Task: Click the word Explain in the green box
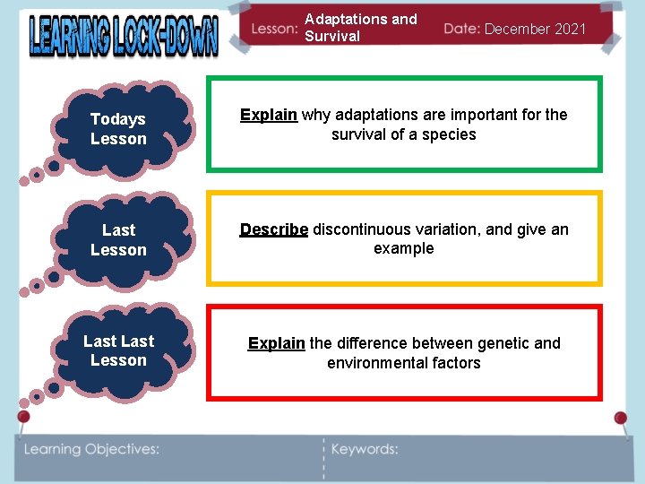(269, 115)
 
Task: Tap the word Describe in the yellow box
(274, 229)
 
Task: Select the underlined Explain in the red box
(277, 343)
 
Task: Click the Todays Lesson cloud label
(118, 129)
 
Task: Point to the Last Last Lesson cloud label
(118, 350)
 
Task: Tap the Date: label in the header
(461, 29)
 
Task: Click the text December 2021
(536, 29)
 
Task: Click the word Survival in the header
(332, 37)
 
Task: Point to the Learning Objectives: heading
(91, 449)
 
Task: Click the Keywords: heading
(365, 449)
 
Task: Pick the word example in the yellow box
(404, 248)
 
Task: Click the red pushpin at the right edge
(620, 419)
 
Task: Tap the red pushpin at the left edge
(24, 417)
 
